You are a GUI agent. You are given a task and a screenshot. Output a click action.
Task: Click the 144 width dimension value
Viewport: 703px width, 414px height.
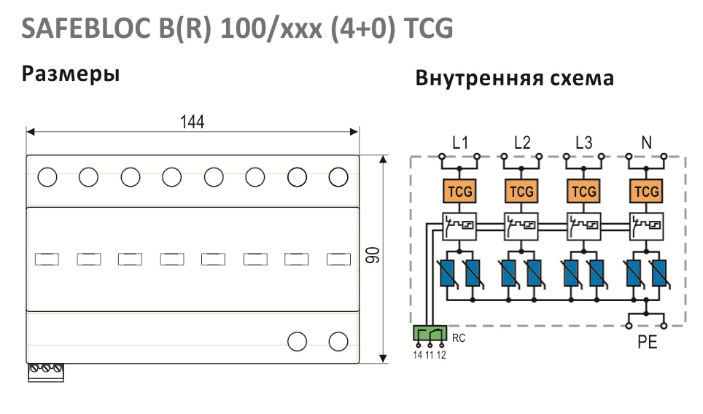point(192,122)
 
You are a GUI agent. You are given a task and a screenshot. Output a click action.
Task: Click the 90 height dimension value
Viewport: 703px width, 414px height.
point(373,255)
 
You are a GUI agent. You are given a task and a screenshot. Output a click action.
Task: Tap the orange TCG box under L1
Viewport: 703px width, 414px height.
point(459,191)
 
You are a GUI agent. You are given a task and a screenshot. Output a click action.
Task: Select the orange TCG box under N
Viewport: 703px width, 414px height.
point(646,191)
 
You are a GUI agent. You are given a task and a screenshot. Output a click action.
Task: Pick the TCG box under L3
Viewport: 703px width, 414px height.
point(583,191)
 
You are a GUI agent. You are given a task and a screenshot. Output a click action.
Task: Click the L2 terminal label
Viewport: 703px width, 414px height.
point(522,142)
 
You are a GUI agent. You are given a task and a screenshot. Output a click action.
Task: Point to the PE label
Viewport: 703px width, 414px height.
point(647,343)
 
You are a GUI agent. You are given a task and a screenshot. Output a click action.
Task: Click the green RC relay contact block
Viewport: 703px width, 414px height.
point(430,333)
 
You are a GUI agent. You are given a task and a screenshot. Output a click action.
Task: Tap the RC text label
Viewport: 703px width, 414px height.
point(459,337)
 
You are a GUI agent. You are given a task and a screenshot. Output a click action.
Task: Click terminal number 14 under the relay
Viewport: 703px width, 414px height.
point(418,355)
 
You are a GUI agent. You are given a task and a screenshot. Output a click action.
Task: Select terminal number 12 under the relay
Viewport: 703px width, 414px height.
point(441,355)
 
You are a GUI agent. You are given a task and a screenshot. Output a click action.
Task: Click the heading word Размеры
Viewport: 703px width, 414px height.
point(71,74)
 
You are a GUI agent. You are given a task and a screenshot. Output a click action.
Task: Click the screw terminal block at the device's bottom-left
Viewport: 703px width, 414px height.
point(46,372)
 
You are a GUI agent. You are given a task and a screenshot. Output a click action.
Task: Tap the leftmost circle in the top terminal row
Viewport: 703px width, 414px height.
point(47,177)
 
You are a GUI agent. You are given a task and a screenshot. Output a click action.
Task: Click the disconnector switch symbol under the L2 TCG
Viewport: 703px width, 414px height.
point(521,226)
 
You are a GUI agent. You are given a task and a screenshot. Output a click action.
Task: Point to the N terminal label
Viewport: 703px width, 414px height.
point(646,142)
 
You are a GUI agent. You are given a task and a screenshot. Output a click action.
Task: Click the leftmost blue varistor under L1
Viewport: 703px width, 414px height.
point(448,273)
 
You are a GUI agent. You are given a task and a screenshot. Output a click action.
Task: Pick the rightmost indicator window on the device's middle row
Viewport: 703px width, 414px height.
point(338,259)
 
